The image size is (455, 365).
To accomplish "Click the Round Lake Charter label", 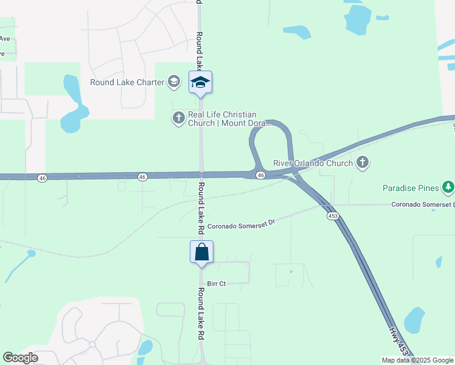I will (x=127, y=83).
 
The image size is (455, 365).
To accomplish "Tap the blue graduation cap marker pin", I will (x=200, y=82).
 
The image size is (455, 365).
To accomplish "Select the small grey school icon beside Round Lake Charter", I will (x=174, y=82).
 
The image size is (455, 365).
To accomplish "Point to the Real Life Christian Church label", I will (x=222, y=119).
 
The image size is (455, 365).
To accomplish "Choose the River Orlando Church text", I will (x=313, y=163).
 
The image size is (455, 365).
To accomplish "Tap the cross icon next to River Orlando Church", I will (x=363, y=162).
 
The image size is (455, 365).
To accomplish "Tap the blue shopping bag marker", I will (x=201, y=252).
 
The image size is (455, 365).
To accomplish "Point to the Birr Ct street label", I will (x=217, y=283).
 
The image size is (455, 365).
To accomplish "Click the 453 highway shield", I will (x=333, y=215).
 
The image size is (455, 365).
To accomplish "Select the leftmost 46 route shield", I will (x=42, y=178).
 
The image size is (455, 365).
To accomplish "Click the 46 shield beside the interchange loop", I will (x=260, y=175).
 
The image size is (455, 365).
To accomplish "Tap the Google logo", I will (x=21, y=358).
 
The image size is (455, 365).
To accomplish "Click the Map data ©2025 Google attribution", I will (x=417, y=361).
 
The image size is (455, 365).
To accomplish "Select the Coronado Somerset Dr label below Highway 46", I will (x=241, y=225).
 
